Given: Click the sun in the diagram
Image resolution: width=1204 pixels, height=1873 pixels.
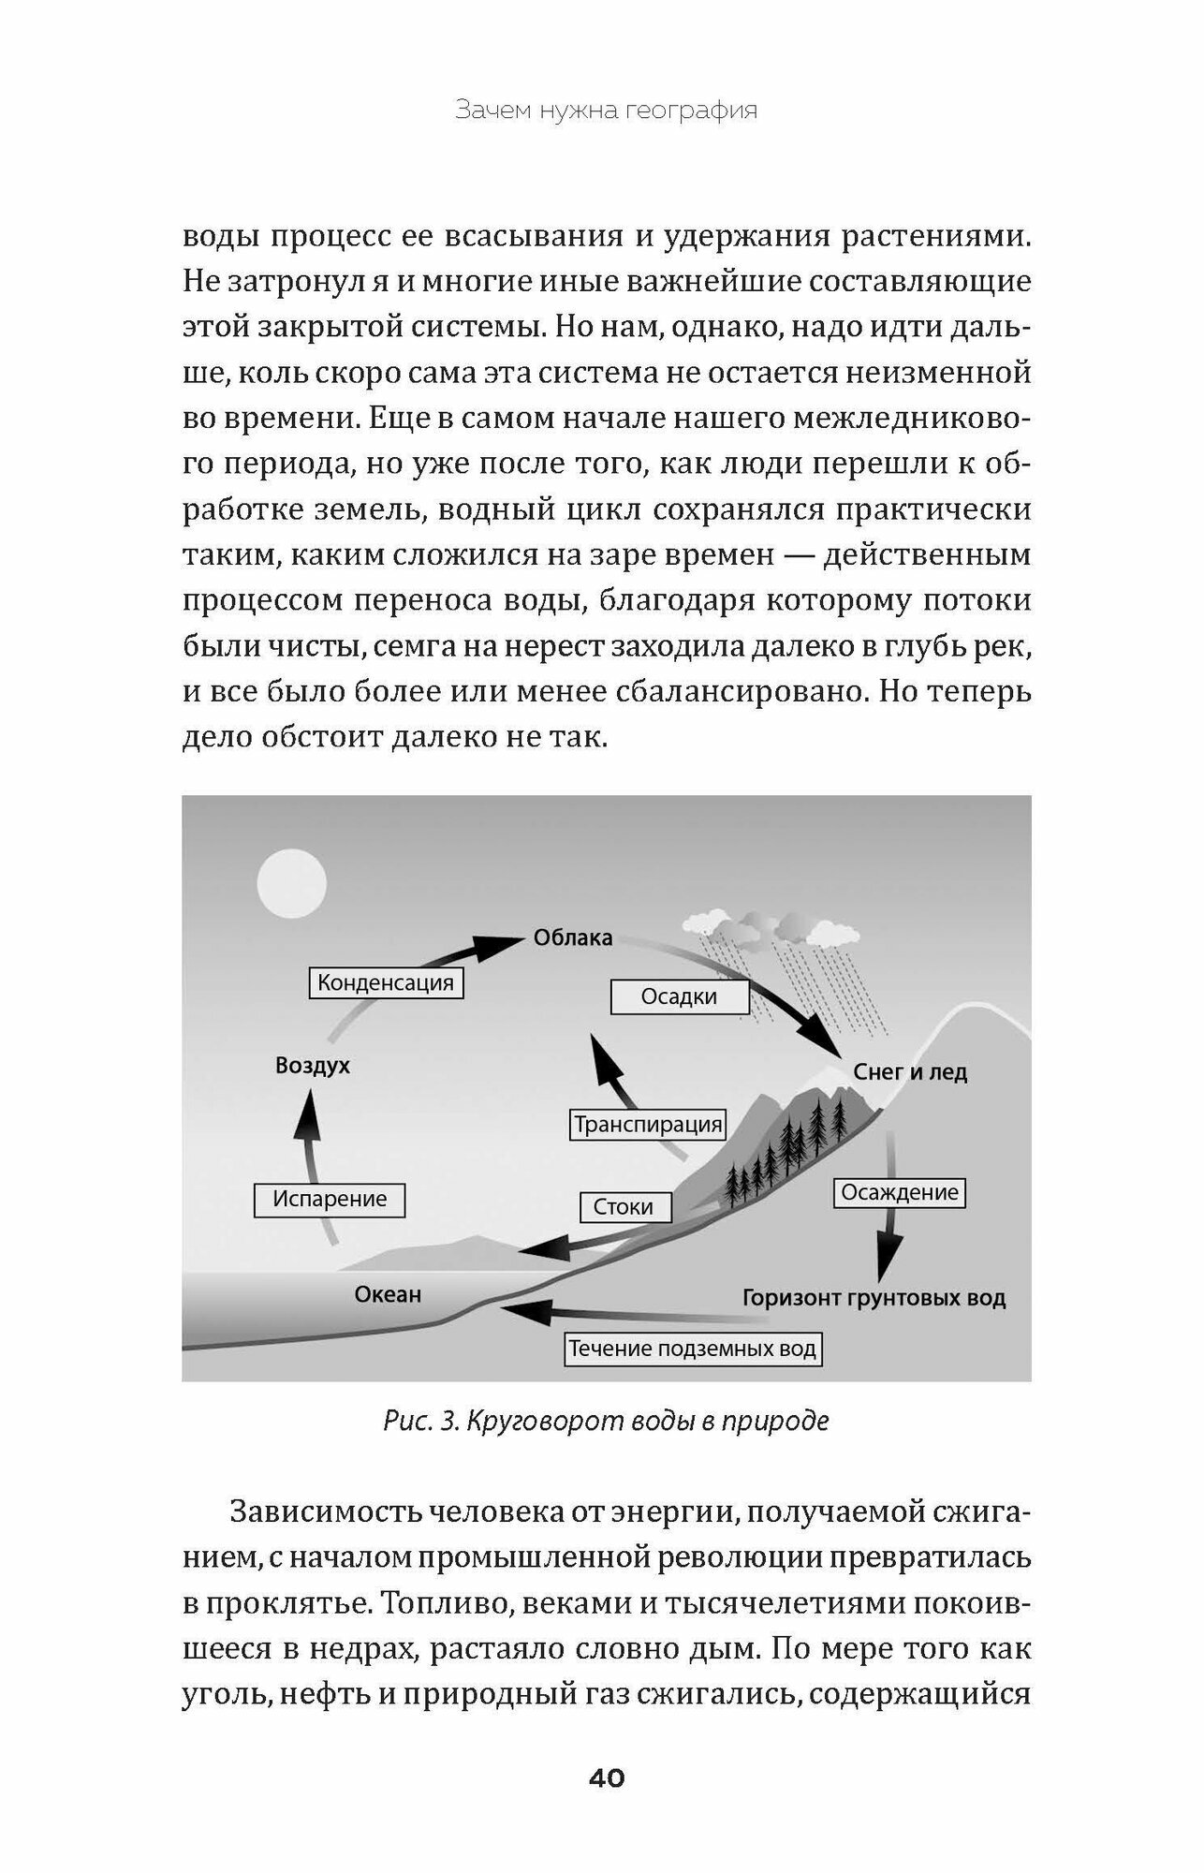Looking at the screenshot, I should (291, 883).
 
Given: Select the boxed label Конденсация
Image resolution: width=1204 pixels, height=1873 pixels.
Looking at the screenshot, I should (386, 982).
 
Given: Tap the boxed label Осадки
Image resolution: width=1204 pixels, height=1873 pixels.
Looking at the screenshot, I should (679, 996).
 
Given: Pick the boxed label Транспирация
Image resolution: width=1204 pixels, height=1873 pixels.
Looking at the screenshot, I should (648, 1124).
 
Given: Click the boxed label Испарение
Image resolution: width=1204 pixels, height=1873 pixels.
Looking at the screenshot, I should (330, 1199).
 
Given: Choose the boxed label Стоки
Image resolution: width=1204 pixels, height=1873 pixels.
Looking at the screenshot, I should (623, 1206).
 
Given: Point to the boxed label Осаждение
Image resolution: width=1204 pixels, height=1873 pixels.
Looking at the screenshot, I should (900, 1192).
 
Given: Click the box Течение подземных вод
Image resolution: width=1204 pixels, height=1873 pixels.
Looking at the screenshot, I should (692, 1349).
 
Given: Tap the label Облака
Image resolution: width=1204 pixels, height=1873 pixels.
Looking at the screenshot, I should (573, 937).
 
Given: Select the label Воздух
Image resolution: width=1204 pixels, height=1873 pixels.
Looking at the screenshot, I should (313, 1066).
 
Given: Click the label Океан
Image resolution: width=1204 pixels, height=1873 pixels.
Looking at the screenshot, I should (388, 1294).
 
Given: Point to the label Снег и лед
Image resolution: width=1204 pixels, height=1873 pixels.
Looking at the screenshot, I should (910, 1072).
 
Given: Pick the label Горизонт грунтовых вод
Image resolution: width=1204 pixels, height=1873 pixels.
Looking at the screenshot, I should (874, 1298).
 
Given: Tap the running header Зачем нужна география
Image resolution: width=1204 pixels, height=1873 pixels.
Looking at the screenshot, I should (606, 111).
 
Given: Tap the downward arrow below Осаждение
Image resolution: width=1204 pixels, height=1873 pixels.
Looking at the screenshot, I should (888, 1250).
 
